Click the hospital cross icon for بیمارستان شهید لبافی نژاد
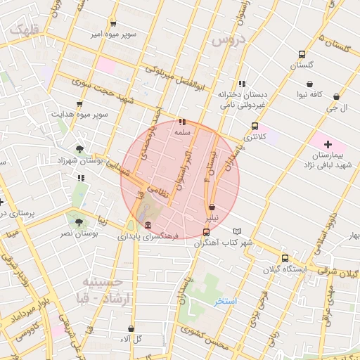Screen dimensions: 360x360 coord(327,144)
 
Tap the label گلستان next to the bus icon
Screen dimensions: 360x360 coord(302,65)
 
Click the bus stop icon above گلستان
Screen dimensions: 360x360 coord(302,54)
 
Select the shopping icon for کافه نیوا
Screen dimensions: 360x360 coord(309,84)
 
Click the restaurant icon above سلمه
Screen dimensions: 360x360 coord(183,122)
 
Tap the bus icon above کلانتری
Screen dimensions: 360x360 coord(255,126)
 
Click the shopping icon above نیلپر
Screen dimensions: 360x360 coord(212,207)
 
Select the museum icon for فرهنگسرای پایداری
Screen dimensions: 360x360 coord(147,225)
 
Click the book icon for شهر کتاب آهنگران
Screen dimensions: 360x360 coord(237,231)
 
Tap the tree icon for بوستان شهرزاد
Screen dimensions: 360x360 coord(79,149)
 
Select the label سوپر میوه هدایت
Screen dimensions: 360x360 coord(83,113)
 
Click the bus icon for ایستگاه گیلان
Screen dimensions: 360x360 coord(285,258)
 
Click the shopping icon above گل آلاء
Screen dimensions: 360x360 coord(131,328)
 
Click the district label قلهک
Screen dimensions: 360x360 coord(25,30)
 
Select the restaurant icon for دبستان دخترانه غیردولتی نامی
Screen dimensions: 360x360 coord(242,84)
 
